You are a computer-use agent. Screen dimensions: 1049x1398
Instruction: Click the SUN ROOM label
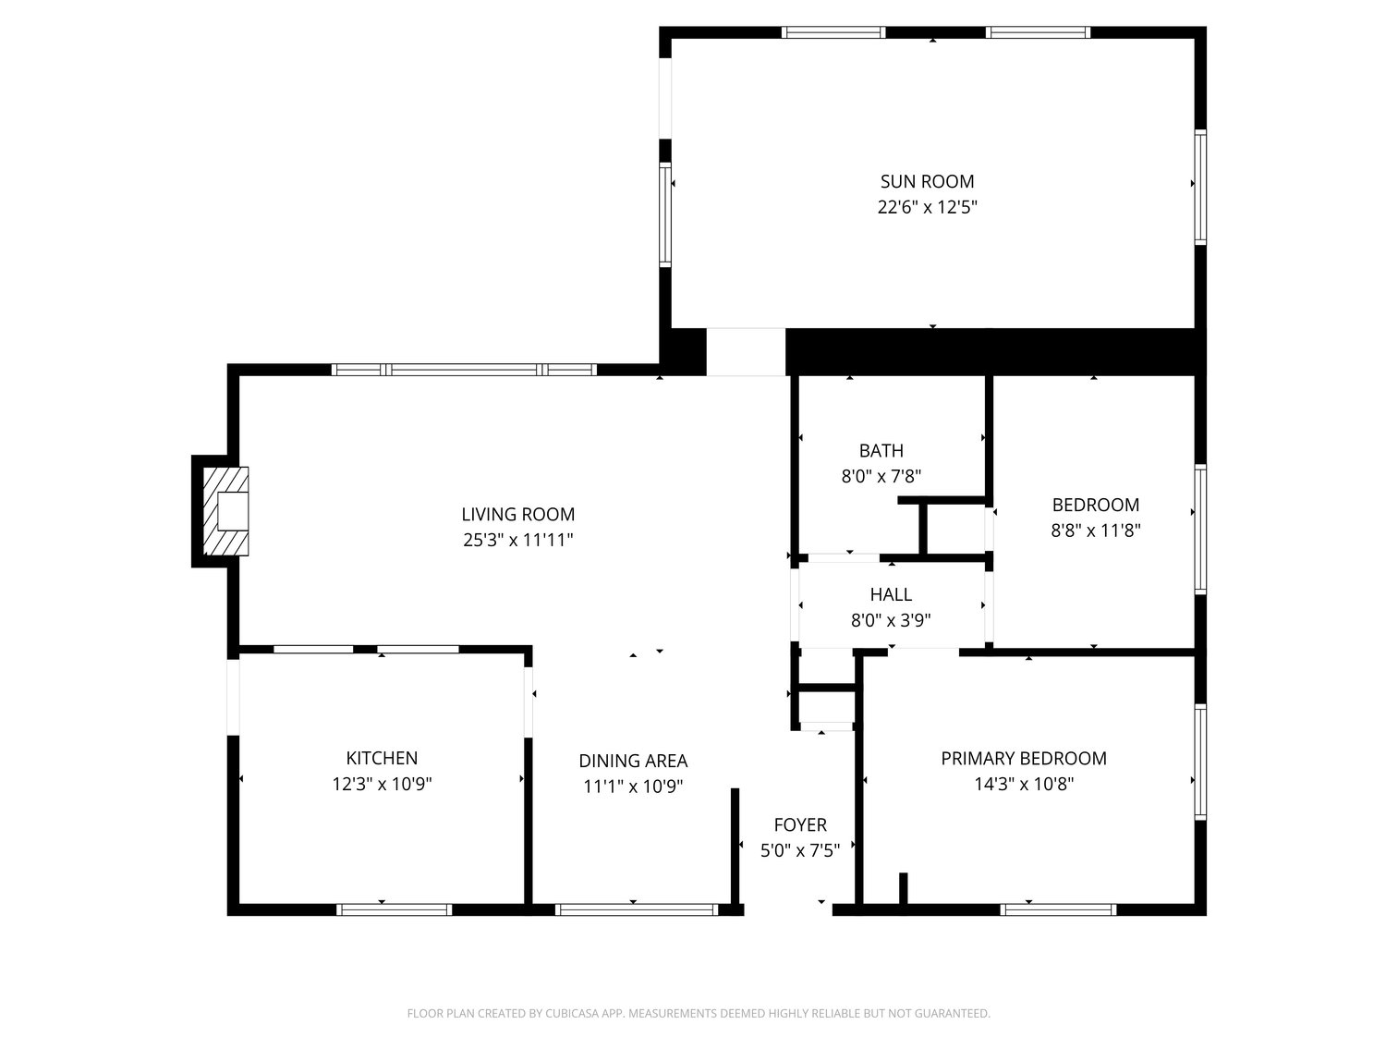click(927, 181)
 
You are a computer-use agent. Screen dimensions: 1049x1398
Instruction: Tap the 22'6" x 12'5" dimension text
click(927, 207)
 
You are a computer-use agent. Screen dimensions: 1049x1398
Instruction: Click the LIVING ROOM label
click(517, 514)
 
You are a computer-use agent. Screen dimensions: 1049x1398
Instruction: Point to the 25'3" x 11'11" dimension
click(517, 540)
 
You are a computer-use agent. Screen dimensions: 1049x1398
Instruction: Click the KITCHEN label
click(382, 758)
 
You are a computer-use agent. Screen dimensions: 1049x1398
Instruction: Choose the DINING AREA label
click(633, 761)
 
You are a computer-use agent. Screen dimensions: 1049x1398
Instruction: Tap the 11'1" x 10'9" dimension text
click(633, 787)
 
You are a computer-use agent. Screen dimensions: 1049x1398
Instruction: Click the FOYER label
click(800, 824)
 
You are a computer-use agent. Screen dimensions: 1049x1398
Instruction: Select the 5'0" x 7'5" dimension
click(800, 850)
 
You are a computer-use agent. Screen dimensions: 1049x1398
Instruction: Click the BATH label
click(881, 451)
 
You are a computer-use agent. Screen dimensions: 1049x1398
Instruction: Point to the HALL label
click(891, 594)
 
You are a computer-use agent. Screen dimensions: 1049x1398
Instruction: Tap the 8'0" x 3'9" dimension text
click(891, 620)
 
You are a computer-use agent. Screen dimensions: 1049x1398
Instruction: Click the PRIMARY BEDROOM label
click(1023, 758)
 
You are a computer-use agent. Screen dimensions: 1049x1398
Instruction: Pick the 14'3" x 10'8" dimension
click(1023, 784)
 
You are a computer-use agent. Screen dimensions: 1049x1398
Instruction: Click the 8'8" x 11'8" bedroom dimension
click(1095, 531)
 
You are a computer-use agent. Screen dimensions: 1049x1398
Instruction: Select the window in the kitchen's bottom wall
click(394, 909)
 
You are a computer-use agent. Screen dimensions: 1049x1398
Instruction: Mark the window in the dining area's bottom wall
click(637, 909)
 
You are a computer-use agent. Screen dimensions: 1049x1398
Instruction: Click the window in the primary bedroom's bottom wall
click(1059, 909)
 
